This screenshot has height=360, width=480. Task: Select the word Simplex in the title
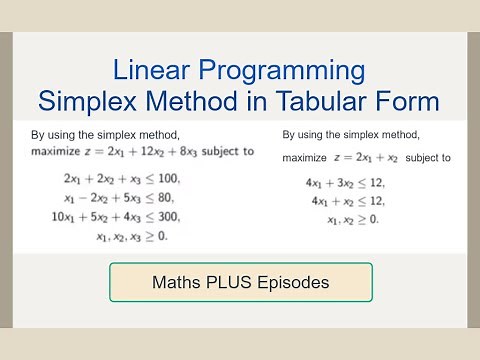pyautogui.click(x=89, y=101)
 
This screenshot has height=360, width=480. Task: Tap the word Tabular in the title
pyautogui.click(x=329, y=101)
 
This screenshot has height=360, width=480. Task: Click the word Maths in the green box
pyautogui.click(x=180, y=283)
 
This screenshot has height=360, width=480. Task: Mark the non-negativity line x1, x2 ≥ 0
pyautogui.click(x=352, y=220)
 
